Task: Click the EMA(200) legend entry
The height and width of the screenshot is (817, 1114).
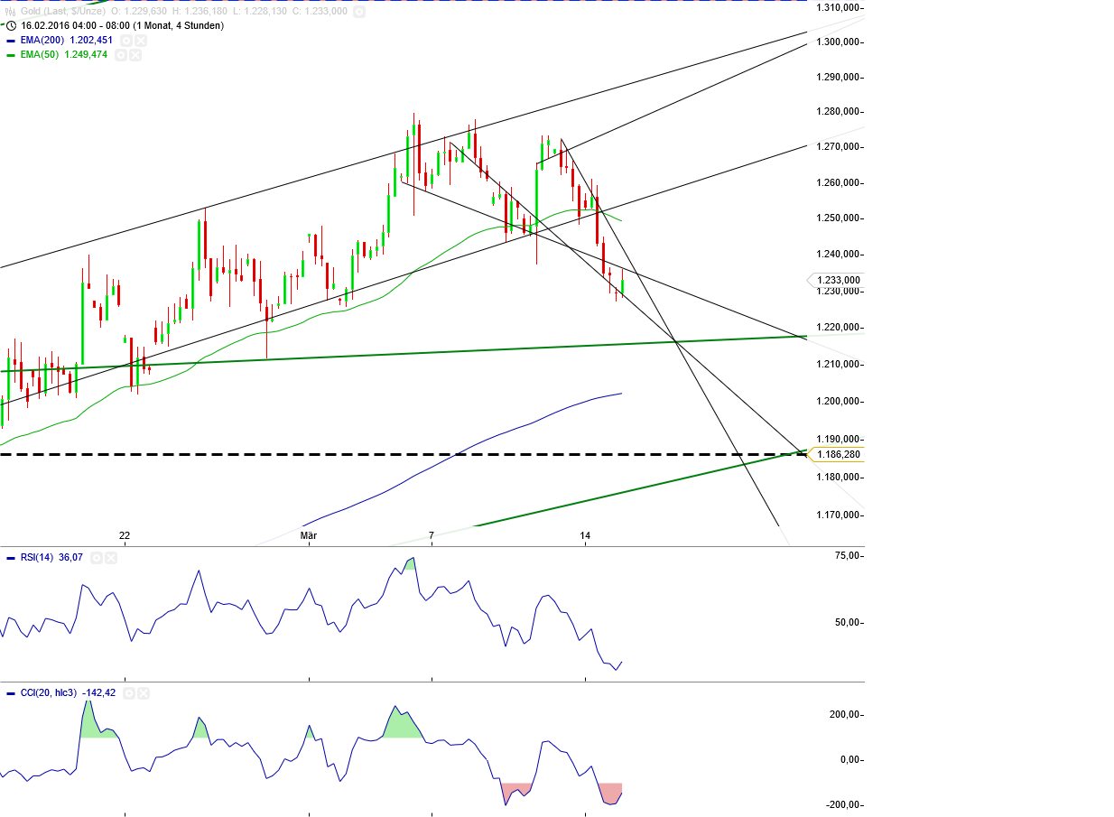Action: [42, 41]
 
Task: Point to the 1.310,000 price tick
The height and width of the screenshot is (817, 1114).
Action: [837, 7]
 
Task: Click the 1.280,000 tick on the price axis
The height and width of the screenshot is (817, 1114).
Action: [837, 112]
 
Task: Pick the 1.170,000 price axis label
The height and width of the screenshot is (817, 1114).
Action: [837, 515]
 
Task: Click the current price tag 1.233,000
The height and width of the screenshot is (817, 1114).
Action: [839, 280]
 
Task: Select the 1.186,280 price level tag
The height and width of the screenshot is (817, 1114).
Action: [839, 454]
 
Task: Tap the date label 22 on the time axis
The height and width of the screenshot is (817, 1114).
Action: [125, 535]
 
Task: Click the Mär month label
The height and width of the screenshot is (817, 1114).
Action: [309, 535]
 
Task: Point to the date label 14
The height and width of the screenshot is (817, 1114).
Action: [585, 535]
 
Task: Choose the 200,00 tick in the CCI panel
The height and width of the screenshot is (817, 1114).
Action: [844, 715]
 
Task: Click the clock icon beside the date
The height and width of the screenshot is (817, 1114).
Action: [11, 25]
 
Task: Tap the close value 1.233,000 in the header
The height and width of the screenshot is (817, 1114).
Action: [326, 12]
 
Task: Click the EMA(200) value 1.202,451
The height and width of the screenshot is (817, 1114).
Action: [91, 41]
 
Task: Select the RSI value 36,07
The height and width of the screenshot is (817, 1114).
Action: [70, 558]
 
